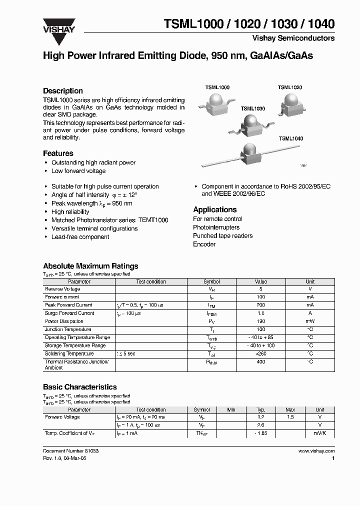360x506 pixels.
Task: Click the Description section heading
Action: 63,91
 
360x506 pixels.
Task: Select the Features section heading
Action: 58,153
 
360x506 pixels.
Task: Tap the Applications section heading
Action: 215,209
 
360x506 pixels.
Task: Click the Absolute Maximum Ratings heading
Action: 90,266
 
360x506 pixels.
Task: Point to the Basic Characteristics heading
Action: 80,387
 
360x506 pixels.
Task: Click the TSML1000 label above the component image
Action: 217,87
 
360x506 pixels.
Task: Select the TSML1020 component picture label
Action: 290,87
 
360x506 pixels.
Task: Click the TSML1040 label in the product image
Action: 291,138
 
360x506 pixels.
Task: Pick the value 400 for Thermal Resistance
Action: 260,361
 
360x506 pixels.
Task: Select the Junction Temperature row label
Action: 68,329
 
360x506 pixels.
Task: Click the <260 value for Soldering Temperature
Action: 260,353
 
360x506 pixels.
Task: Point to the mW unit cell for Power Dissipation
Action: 310,321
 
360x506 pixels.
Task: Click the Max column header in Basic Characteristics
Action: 290,409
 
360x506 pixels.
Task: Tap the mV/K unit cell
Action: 319,433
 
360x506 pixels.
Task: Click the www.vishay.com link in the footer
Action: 316,451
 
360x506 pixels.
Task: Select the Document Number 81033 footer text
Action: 71,451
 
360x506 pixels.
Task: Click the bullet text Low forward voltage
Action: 78,171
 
